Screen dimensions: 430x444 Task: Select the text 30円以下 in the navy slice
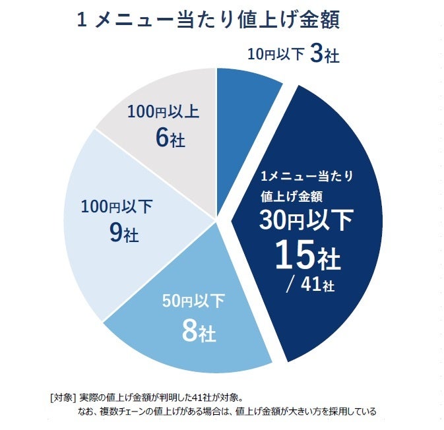point(306,220)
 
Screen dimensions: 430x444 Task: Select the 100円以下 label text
point(117,207)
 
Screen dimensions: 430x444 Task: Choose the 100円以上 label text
point(164,111)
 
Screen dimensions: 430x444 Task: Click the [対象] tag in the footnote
point(63,398)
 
